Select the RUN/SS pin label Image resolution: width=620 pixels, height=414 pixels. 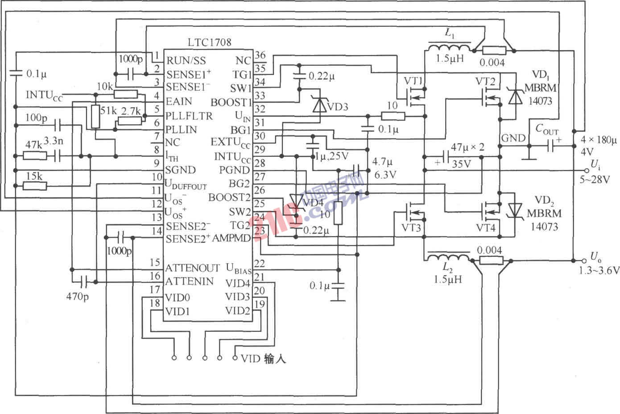pos(186,60)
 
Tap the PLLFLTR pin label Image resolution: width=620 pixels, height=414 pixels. pos(189,116)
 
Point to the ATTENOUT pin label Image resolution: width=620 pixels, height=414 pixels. pos(192,268)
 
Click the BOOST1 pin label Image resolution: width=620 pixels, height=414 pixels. pos(231,102)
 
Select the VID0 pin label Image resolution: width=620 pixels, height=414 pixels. pos(178,297)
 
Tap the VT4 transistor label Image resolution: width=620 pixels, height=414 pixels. pos(486,228)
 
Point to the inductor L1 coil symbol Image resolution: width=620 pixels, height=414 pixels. pos(449,48)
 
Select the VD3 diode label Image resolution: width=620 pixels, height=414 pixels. pos(338,107)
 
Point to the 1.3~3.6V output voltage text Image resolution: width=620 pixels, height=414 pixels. pos(599,270)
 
